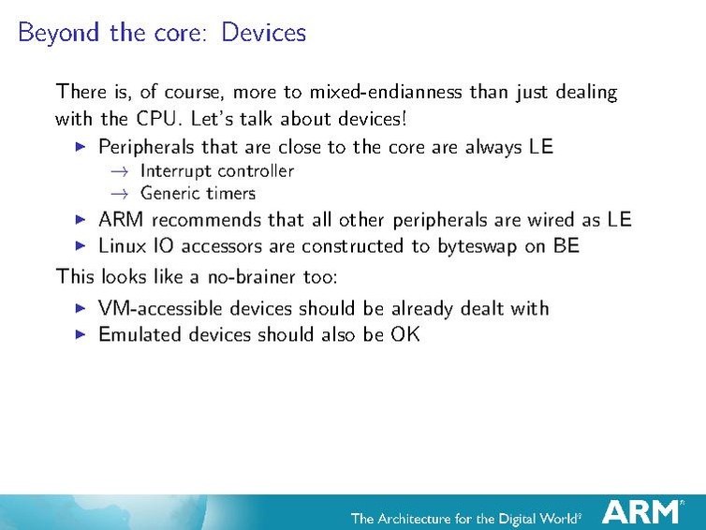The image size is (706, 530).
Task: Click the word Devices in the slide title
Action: (264, 33)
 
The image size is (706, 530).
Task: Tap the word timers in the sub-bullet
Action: (229, 194)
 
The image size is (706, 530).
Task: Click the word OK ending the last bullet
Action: (405, 334)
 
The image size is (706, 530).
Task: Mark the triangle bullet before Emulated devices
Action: (80, 334)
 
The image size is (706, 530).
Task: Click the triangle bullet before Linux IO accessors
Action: (80, 246)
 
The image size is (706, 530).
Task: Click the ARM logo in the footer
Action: (641, 512)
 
